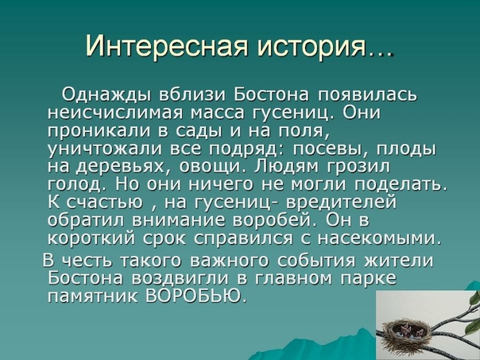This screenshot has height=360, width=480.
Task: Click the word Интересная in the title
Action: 167,45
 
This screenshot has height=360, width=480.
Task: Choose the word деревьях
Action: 119,167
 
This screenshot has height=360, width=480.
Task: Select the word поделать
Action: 401,184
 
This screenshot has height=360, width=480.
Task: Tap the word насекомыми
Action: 380,238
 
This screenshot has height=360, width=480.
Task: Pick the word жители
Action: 399,261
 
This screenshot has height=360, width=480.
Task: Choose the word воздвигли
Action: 180,279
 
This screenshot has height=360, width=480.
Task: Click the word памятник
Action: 93,296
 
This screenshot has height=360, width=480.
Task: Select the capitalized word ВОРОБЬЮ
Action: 196,296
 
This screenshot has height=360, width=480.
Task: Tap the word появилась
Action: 366,95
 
